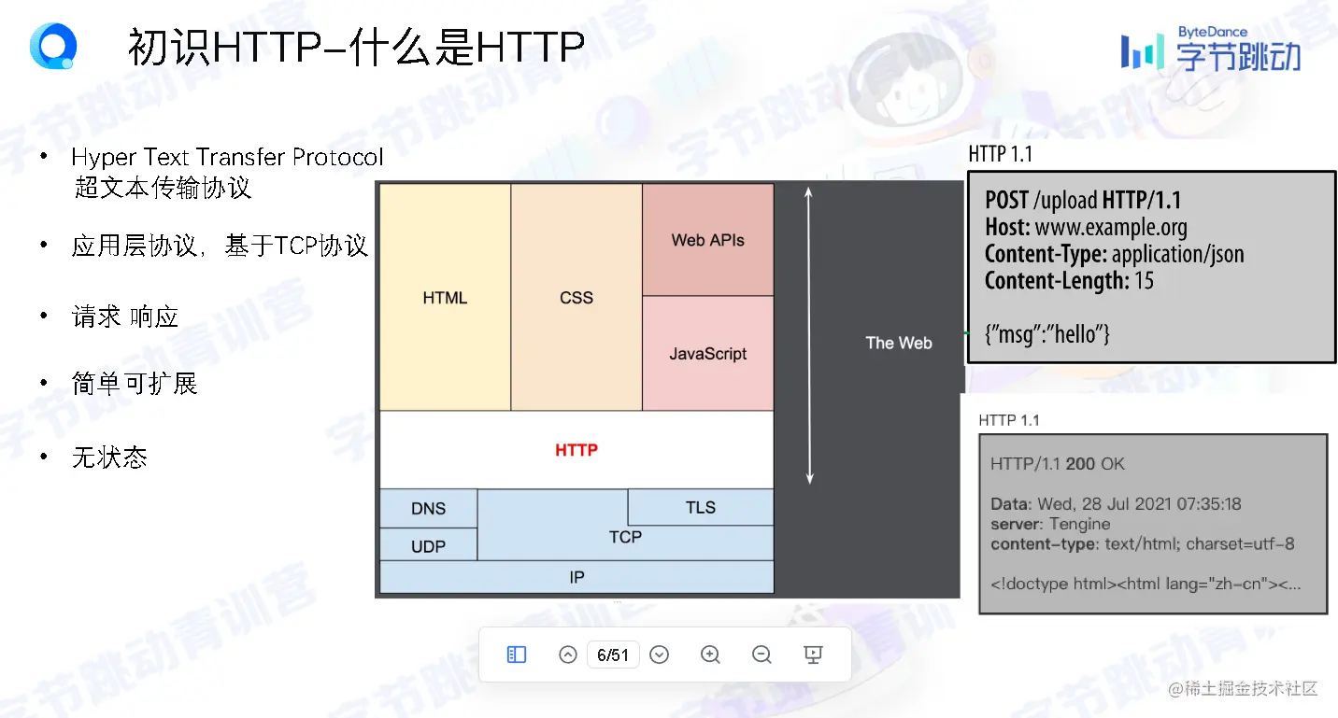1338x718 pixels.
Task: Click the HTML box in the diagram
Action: pyautogui.click(x=445, y=297)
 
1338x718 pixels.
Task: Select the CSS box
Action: pyautogui.click(x=576, y=297)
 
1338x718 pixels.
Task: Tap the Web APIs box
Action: pyautogui.click(x=708, y=239)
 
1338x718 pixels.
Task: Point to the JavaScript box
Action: pyautogui.click(x=708, y=353)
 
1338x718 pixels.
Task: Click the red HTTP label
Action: pyautogui.click(x=576, y=450)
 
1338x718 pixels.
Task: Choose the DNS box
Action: pyautogui.click(x=428, y=508)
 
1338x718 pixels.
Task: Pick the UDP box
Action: pyautogui.click(x=428, y=545)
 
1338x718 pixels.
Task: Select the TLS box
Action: pyautogui.click(x=701, y=507)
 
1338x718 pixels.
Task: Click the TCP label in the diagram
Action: pyautogui.click(x=625, y=537)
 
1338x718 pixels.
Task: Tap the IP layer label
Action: pyautogui.click(x=576, y=577)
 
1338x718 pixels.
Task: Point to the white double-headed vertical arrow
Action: pyautogui.click(x=809, y=335)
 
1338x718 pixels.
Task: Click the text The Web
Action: pyautogui.click(x=898, y=343)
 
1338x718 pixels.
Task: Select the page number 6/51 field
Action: pyautogui.click(x=613, y=655)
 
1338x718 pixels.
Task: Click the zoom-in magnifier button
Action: pyautogui.click(x=709, y=655)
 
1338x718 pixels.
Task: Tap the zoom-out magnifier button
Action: pyautogui.click(x=761, y=655)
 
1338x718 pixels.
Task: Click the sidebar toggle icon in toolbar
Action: pyautogui.click(x=516, y=655)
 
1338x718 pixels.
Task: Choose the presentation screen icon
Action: pyautogui.click(x=813, y=655)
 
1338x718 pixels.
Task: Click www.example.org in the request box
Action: pyautogui.click(x=1111, y=228)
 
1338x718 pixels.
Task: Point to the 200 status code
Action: pyautogui.click(x=1080, y=464)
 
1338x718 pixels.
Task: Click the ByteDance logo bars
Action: pyautogui.click(x=1142, y=51)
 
